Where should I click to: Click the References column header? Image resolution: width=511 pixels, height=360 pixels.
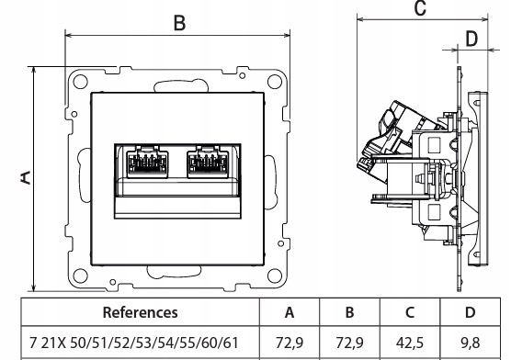coord(140,312)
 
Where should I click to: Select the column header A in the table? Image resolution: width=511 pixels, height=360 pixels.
coord(290,312)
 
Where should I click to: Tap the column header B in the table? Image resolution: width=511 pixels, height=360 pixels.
coord(349,312)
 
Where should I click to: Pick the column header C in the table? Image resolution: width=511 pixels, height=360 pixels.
coord(410,312)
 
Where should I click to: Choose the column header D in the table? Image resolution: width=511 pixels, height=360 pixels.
coord(470,312)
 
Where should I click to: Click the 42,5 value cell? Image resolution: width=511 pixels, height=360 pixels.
coord(410,343)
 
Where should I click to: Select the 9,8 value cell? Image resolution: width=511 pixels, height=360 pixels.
coord(471,343)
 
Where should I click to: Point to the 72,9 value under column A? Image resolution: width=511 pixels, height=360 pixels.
coord(290,343)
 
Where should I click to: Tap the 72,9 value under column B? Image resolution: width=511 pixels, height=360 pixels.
coord(349,343)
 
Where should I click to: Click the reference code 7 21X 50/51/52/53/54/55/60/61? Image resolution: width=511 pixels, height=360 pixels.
coord(134,343)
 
